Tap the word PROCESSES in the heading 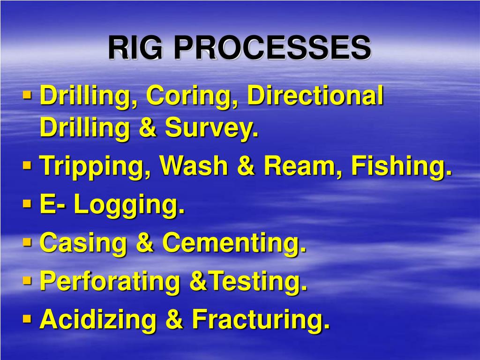click(x=275, y=48)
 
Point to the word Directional click(x=315, y=97)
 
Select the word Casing click(x=83, y=244)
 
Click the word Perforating click(x=110, y=282)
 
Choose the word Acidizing click(x=97, y=320)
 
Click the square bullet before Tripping click(x=28, y=165)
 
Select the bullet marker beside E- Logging click(x=28, y=204)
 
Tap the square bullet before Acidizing click(x=28, y=319)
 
